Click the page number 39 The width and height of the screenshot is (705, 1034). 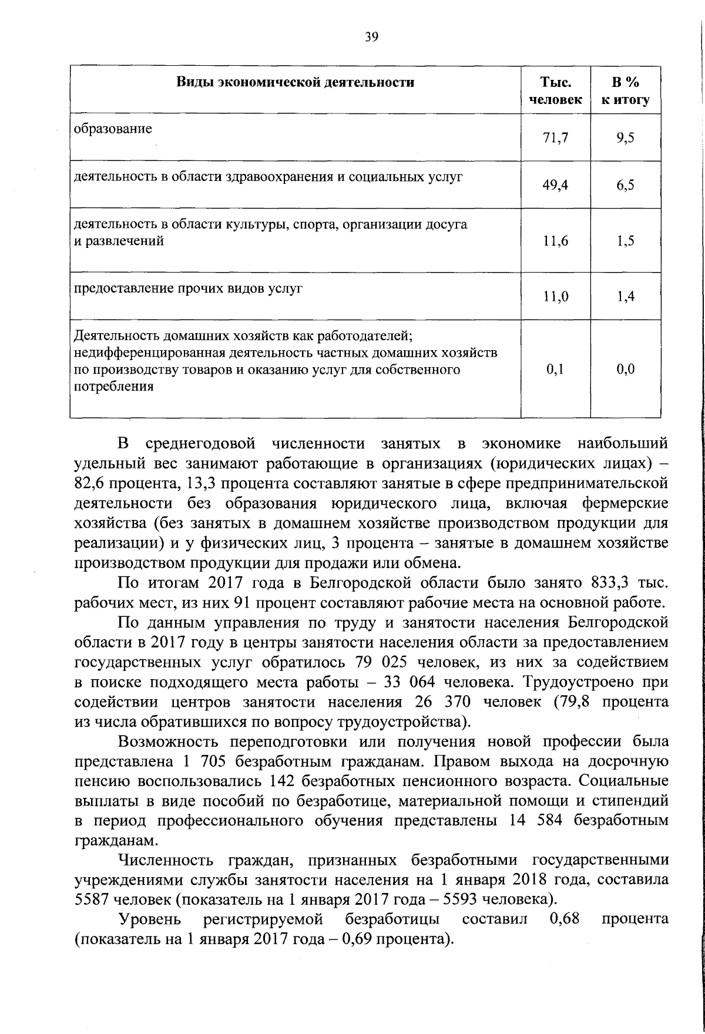pyautogui.click(x=371, y=38)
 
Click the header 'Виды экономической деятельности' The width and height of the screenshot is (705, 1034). pyautogui.click(x=296, y=82)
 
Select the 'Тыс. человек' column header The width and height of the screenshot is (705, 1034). pyautogui.click(x=556, y=90)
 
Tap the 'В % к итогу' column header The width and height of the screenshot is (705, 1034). pyautogui.click(x=625, y=90)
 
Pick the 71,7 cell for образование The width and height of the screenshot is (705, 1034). pyautogui.click(x=556, y=138)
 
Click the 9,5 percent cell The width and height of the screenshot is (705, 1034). pyautogui.click(x=626, y=138)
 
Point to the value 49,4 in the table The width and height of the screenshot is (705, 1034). pyautogui.click(x=556, y=185)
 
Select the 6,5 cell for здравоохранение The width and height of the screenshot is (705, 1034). pyautogui.click(x=626, y=185)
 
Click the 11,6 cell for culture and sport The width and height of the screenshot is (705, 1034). pyautogui.click(x=556, y=241)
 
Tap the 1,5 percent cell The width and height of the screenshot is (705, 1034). pyautogui.click(x=626, y=241)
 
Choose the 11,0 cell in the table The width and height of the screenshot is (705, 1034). pyautogui.click(x=556, y=297)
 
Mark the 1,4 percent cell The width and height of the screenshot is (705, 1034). pyautogui.click(x=626, y=297)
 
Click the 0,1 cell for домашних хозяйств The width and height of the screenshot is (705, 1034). pyautogui.click(x=556, y=370)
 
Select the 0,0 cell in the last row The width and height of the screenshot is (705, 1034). pyautogui.click(x=626, y=370)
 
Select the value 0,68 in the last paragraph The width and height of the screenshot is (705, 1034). pyautogui.click(x=565, y=918)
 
